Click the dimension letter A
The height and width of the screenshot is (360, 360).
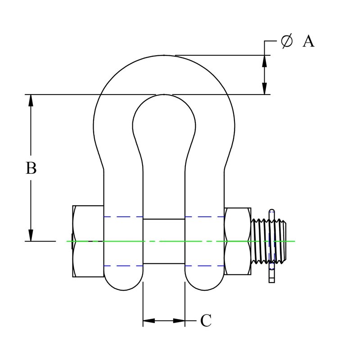(308, 41)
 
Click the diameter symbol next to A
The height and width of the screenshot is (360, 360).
(287, 41)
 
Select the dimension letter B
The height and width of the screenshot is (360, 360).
(31, 168)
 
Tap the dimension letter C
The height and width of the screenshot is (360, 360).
(206, 320)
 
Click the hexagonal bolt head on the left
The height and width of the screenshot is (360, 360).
(88, 241)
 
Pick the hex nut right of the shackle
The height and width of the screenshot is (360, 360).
(238, 241)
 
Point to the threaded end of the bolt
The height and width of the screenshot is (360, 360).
(269, 241)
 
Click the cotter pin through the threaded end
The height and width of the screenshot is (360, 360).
(272, 246)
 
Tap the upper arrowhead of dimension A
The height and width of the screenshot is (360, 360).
(265, 61)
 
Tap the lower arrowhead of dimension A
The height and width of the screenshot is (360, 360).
(265, 89)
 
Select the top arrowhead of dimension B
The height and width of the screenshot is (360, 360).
(31, 100)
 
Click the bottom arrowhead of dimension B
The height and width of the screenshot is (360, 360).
(31, 235)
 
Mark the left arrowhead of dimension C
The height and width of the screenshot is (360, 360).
(149, 320)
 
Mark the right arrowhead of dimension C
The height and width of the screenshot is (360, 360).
(179, 320)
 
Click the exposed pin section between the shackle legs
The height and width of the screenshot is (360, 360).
(164, 241)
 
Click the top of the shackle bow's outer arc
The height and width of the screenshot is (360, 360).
(164, 55)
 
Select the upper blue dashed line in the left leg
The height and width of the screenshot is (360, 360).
(123, 216)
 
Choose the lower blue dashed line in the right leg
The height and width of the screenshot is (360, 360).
(205, 266)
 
